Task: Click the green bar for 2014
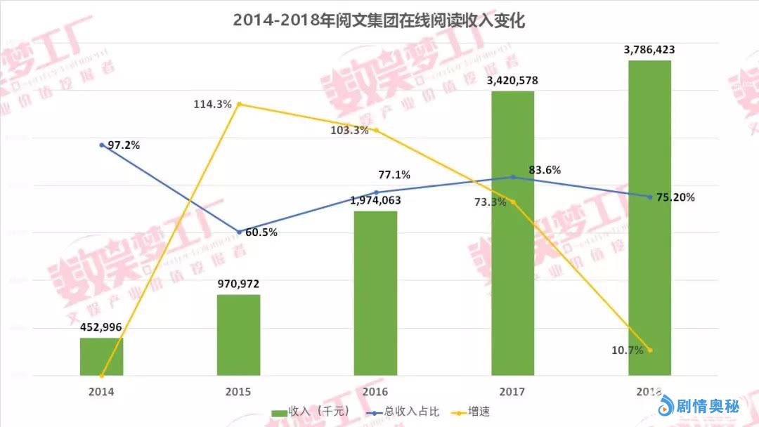pyautogui.click(x=101, y=357)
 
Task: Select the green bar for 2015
pyautogui.click(x=238, y=335)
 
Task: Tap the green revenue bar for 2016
pyautogui.click(x=375, y=293)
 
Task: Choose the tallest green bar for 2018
pyautogui.click(x=649, y=218)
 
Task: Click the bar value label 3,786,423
pyautogui.click(x=649, y=50)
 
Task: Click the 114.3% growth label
pyautogui.click(x=213, y=104)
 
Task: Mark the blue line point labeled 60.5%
pyautogui.click(x=239, y=232)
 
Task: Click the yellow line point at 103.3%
pyautogui.click(x=376, y=130)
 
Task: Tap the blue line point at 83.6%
pyautogui.click(x=513, y=177)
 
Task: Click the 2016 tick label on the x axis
pyautogui.click(x=375, y=390)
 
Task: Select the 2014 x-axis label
pyautogui.click(x=101, y=390)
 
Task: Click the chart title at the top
pyautogui.click(x=379, y=20)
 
